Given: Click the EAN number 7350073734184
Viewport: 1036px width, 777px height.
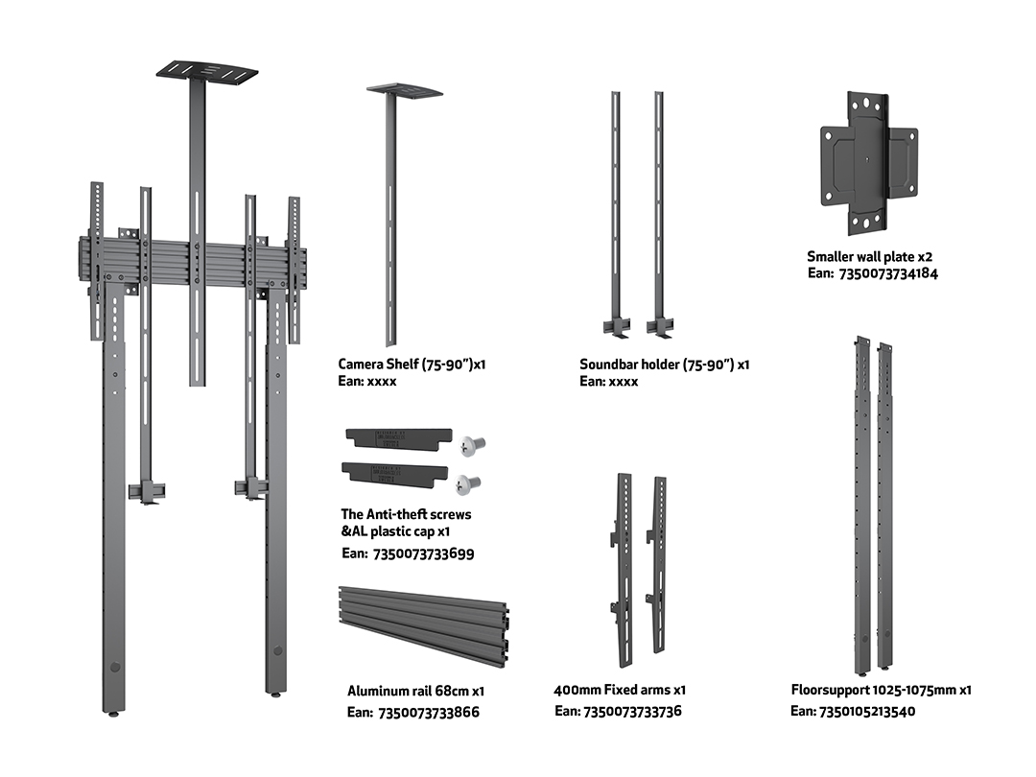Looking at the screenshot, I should pos(887,274).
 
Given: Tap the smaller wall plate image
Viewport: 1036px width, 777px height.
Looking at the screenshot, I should pos(868,164).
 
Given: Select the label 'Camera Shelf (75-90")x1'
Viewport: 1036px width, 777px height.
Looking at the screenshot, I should pos(412,365).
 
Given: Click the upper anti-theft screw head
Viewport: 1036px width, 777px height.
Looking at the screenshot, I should pos(472,443).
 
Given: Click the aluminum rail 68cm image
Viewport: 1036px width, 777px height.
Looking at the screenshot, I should pos(423,625).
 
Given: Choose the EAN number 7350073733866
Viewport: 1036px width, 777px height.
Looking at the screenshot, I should pos(429,713).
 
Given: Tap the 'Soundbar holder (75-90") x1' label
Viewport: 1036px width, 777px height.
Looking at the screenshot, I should pos(664,365).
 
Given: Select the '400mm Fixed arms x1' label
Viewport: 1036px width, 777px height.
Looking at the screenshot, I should pos(620,690).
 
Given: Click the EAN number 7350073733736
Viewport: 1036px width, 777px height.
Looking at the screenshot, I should pos(631,712).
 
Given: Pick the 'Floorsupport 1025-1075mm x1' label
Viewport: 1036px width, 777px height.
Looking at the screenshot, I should pos(882,690).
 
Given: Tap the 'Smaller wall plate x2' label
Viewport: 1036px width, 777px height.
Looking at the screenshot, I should pos(869,257).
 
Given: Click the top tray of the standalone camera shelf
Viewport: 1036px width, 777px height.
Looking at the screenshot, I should pos(405,91).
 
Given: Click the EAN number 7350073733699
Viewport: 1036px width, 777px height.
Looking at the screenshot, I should pos(421,553).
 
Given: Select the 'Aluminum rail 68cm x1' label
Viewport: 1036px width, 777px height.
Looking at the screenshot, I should pos(415,691).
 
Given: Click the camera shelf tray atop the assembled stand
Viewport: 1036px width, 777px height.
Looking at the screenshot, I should pos(207,72).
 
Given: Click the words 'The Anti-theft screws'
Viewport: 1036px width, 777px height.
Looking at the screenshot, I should pos(406,514).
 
